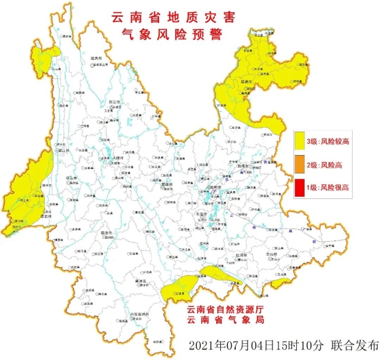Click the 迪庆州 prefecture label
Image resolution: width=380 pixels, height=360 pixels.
pos(97,58)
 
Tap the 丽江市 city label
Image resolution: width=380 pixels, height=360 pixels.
pos(115,102)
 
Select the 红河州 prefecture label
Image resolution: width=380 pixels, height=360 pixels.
pos(236,254)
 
